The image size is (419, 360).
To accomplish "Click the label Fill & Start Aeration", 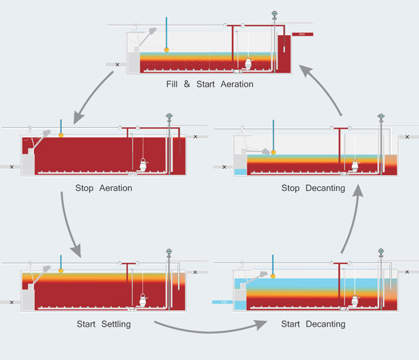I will click(209, 85).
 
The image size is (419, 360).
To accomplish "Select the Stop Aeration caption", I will click(106, 188).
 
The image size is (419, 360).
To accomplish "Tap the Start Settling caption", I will click(104, 324).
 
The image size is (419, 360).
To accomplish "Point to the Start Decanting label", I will click(313, 324).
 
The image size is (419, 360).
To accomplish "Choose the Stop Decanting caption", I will click(313, 188).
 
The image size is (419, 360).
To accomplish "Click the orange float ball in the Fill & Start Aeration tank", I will click(166, 50).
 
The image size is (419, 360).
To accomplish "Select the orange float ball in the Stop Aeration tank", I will click(61, 135).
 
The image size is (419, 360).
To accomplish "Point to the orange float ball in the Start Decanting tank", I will click(273, 275).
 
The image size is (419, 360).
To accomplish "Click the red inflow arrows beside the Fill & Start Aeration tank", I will click(303, 33).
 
